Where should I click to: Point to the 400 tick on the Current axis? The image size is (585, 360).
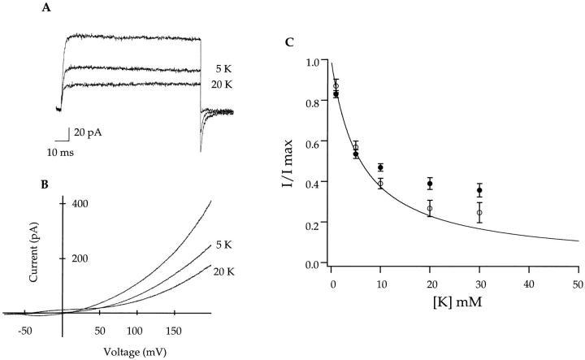77,203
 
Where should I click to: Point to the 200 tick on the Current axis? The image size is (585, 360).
77,258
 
